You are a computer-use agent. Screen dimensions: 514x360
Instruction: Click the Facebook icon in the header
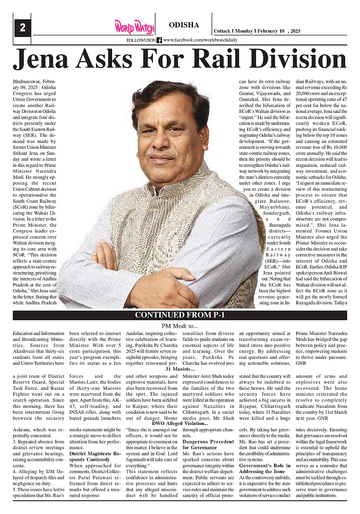tap(159, 40)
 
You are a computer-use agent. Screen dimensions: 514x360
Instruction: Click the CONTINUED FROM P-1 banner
tap(180, 315)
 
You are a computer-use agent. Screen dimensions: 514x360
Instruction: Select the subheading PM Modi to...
tap(180, 325)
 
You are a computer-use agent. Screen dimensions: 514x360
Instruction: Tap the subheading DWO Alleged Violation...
tap(180, 423)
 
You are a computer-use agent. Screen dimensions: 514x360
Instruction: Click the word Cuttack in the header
tap(222, 31)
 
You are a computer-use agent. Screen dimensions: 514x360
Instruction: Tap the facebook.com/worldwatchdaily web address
tap(200, 40)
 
